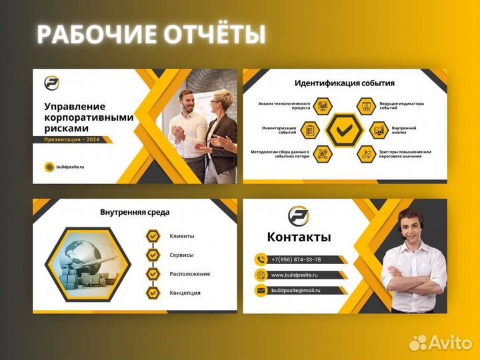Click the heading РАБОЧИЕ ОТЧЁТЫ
151,34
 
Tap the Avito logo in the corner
440,343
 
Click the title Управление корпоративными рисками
88,117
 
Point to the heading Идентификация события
344,83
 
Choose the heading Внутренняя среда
135,212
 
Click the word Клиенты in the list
182,236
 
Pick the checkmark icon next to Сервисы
153,255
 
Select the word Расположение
190,274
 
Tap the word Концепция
185,293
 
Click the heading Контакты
299,237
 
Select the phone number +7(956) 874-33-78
296,259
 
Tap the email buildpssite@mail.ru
296,290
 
